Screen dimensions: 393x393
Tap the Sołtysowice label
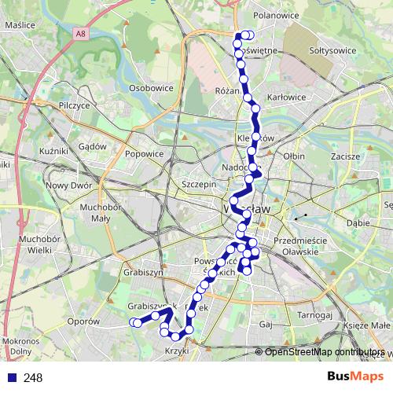coord(333,50)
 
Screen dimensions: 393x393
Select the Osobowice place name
coord(150,88)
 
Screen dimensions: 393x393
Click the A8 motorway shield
coord(81,33)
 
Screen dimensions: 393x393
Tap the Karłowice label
coord(286,97)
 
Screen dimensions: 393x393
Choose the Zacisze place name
coord(345,156)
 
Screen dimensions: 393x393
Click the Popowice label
coord(144,154)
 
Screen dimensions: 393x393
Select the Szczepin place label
coord(198,184)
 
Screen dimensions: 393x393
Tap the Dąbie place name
coord(357,222)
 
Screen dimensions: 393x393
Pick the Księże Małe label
coord(366,325)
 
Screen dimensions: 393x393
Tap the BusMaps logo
coord(355,377)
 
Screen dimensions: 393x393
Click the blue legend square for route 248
coord(11,377)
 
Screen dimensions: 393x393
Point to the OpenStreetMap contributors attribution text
coord(324,352)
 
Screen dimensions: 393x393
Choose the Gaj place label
coord(265,324)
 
